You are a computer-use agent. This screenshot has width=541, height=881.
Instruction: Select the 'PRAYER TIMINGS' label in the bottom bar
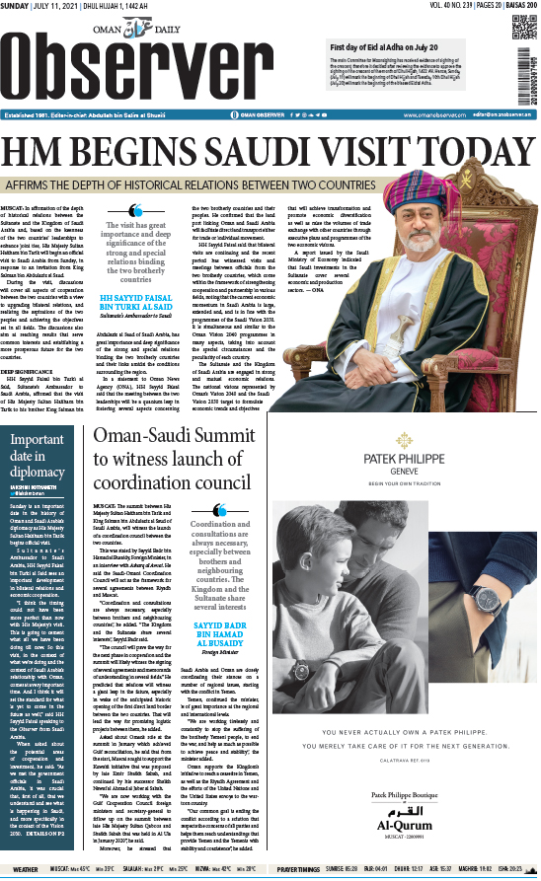point(322,870)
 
